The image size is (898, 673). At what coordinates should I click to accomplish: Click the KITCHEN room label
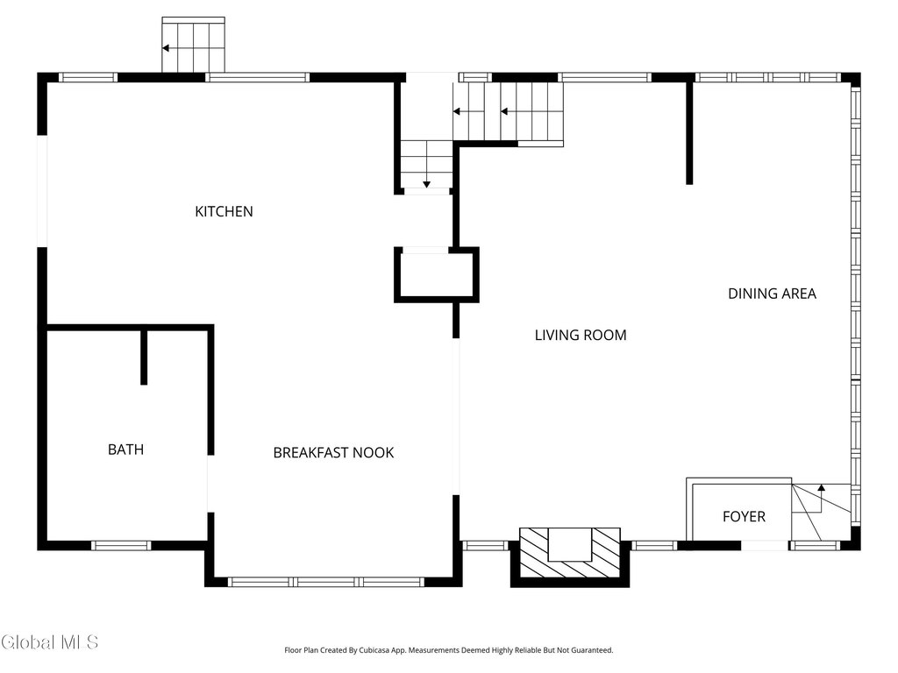click(224, 212)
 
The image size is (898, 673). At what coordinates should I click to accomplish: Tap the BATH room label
click(126, 450)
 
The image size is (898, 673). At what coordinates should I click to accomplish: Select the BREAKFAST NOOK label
click(333, 453)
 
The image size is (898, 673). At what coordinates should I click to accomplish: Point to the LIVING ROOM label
click(581, 336)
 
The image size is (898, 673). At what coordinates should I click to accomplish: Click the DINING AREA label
click(772, 294)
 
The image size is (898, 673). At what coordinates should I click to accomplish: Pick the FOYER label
click(744, 517)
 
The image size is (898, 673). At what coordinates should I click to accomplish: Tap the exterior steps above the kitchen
click(194, 45)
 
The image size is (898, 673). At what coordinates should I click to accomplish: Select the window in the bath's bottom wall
click(121, 545)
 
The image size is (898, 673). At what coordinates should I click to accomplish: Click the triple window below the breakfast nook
click(326, 582)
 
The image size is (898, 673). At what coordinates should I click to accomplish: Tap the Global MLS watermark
click(49, 642)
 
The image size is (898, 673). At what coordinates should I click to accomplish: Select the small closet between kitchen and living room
click(437, 275)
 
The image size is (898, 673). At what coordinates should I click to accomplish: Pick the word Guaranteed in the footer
click(594, 650)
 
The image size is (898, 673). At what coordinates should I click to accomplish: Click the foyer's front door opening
click(765, 545)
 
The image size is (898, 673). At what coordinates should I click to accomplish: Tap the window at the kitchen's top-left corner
click(89, 77)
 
